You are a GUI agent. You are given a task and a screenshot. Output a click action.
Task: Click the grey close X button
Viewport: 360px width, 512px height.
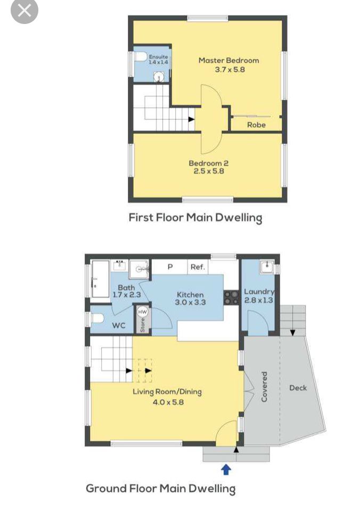pos(24,11)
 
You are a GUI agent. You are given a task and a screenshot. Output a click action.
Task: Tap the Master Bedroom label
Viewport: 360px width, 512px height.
pos(229,64)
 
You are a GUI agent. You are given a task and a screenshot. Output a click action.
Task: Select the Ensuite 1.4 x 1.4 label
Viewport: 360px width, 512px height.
pos(158,60)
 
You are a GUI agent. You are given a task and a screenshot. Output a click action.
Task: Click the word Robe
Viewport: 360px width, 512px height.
pos(256,125)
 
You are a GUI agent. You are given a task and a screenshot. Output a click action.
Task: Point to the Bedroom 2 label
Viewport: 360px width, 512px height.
pos(209,167)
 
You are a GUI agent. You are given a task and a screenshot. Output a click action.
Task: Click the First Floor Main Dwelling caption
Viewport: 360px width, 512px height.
pos(195,217)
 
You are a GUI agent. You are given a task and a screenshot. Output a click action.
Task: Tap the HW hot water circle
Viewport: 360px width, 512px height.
pos(142,312)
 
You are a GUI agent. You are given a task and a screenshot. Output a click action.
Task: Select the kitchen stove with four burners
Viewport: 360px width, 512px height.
pos(231,297)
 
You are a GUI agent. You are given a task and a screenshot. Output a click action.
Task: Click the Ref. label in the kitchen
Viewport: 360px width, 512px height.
pos(198,267)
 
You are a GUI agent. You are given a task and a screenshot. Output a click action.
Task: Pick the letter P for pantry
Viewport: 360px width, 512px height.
pos(170,267)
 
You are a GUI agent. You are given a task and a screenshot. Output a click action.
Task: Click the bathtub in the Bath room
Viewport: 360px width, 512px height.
pos(100,279)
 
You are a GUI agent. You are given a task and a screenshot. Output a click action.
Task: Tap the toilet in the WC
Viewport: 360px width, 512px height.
pos(97,318)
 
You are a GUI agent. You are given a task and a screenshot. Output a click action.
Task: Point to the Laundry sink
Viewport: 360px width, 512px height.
pos(267,267)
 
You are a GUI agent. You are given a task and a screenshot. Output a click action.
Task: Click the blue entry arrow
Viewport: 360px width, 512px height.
pos(226,470)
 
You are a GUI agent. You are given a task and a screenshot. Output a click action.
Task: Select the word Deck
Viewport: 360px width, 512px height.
pos(298,388)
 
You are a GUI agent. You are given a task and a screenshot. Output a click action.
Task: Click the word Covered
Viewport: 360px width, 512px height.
pos(264,386)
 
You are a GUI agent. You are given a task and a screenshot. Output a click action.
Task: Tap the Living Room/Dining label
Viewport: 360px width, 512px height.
pos(167,396)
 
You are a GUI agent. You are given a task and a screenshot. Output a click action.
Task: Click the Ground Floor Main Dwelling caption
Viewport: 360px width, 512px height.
pos(161,489)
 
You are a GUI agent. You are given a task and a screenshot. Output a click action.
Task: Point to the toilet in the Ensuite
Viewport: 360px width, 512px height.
pos(141,56)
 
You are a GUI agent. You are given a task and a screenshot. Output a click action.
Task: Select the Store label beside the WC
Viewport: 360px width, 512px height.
pos(142,325)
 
